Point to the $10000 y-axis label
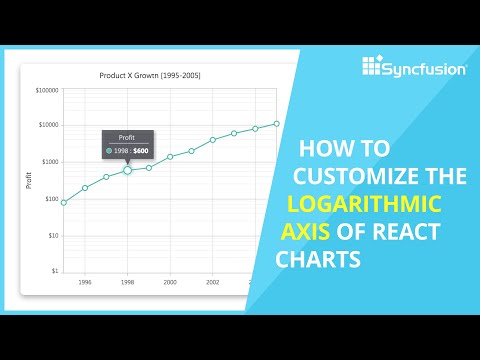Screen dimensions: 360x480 pyautogui.click(x=48, y=125)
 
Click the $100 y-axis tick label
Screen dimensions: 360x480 pyautogui.click(x=51, y=199)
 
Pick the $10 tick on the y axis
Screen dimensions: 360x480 pyautogui.click(x=53, y=236)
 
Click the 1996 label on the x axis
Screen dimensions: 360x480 pyautogui.click(x=85, y=282)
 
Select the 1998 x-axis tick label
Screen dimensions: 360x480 pyautogui.click(x=127, y=282)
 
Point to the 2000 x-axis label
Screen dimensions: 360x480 pyautogui.click(x=170, y=282)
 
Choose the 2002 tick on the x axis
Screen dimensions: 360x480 pyautogui.click(x=212, y=282)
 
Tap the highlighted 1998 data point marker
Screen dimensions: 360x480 pyautogui.click(x=127, y=170)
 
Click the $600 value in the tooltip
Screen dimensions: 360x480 pyautogui.click(x=141, y=151)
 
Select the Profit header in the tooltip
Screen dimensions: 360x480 pyautogui.click(x=128, y=137)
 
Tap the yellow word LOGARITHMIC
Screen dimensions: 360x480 pyautogui.click(x=364, y=205)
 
